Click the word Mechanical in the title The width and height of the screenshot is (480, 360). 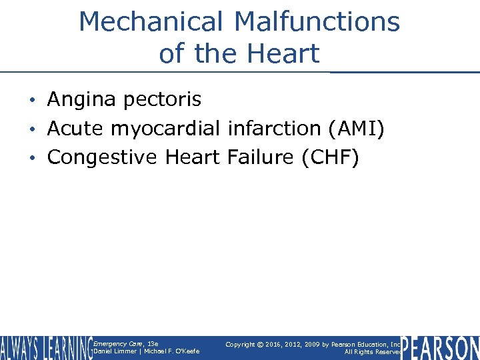point(151,22)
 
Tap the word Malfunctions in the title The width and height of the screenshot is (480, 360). point(317,22)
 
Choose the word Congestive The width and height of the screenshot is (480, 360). point(103,158)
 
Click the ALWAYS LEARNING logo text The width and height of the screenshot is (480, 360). point(45,348)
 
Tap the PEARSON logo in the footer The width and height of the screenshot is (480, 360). point(440,348)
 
